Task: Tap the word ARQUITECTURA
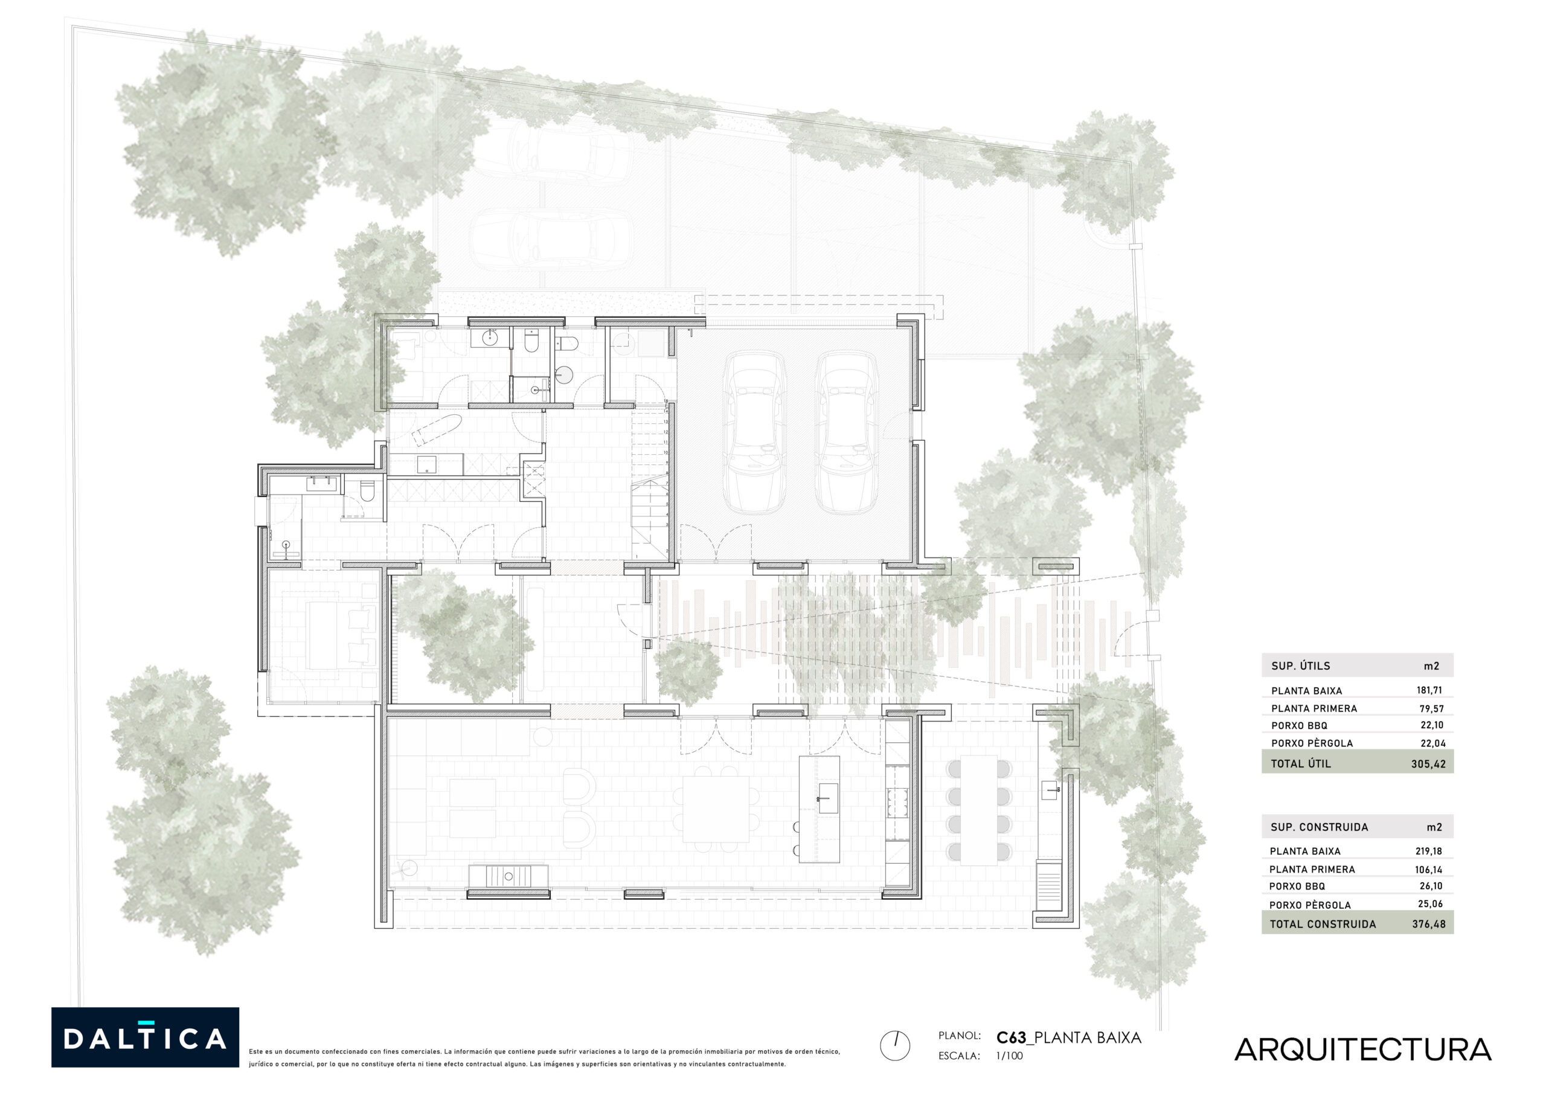(1362, 1050)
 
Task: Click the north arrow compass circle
(895, 1046)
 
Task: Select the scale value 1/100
(1009, 1056)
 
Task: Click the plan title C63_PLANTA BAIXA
(1068, 1038)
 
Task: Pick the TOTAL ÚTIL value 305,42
(1428, 764)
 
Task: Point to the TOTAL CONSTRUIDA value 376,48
(1429, 924)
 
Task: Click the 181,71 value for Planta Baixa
(1429, 690)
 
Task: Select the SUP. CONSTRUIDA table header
(1319, 827)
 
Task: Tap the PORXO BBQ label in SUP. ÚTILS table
(1299, 725)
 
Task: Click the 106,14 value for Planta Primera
(1428, 870)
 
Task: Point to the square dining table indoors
(716, 809)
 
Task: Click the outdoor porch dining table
(978, 810)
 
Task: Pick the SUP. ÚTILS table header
(1300, 666)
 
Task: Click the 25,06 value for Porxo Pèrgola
(1429, 904)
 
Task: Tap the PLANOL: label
(960, 1036)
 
